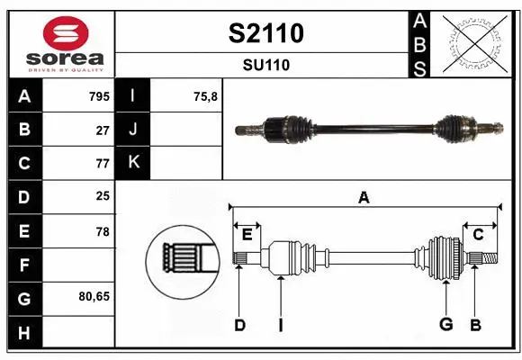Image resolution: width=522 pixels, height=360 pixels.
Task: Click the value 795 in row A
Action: (98, 95)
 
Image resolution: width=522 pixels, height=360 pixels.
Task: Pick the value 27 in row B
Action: (102, 130)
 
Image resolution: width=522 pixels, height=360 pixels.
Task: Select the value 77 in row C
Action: (102, 164)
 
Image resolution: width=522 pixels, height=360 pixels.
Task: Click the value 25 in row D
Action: (102, 197)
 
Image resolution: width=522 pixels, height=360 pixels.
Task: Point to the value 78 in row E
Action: (102, 231)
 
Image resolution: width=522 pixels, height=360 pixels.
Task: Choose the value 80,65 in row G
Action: (94, 295)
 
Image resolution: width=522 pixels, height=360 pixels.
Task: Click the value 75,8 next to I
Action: (206, 95)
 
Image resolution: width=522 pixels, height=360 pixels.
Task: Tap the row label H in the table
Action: (23, 333)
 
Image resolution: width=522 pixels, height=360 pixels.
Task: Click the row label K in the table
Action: (133, 163)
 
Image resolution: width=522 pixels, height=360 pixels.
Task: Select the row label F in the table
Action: (23, 266)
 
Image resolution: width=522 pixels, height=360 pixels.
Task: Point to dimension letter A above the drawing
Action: (364, 197)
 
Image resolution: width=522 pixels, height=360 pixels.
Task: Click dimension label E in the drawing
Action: (247, 234)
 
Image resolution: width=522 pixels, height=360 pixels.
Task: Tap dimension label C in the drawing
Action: (478, 234)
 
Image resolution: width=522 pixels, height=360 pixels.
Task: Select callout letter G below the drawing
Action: (445, 325)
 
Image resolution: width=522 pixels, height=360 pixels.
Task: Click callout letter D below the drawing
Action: (239, 325)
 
